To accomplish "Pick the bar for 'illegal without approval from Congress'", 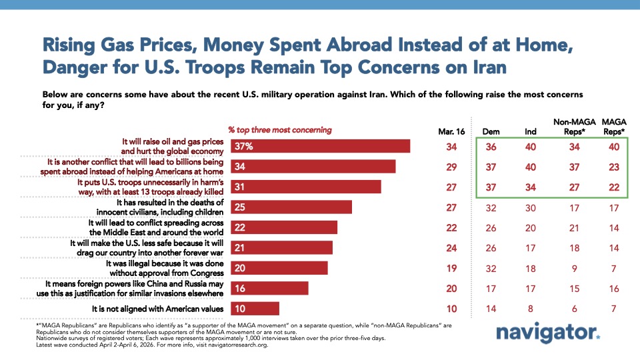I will (279, 267).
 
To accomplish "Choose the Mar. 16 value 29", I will (442, 166).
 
